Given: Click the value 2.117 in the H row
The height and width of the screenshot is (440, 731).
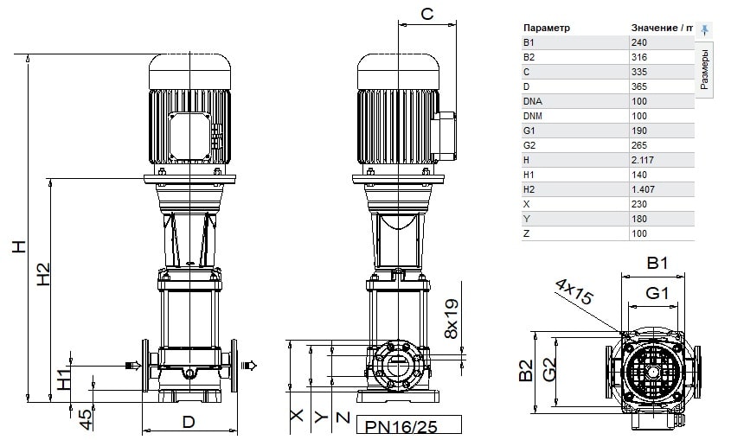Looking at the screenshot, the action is coord(643,160).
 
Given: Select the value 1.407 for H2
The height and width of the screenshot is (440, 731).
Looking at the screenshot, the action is coord(643,189).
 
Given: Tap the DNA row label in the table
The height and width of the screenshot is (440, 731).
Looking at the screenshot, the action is coord(532,101).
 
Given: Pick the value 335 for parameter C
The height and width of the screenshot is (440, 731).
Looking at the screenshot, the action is coord(639,72).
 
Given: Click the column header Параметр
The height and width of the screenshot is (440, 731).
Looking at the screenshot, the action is coord(547,28).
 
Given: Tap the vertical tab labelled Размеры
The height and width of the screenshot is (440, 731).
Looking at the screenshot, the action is coord(704,69).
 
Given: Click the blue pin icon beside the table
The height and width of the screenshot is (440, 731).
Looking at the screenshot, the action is coord(704,29).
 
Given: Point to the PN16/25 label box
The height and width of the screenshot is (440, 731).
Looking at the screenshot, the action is coord(409,425).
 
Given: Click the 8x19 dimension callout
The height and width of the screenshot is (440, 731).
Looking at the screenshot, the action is coord(452,319).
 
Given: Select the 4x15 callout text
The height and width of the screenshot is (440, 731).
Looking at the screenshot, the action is coord(574,291).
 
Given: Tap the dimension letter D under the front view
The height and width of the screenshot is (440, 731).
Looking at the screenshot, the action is coord(189,422).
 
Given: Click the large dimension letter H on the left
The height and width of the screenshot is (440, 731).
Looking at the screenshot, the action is coord(19,246).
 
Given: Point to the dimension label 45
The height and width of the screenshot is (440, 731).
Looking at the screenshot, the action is coord(87,419).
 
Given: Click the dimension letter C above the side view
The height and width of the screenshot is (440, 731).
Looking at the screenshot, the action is coord(427,14).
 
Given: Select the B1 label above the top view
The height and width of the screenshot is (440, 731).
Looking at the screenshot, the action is coord(657,264).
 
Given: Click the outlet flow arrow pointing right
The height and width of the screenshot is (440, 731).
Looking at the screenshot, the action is coord(249,365).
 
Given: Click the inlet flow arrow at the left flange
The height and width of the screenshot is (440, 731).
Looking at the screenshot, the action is coord(134,366).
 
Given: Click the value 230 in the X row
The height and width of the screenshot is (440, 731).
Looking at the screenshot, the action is coord(639,204).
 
